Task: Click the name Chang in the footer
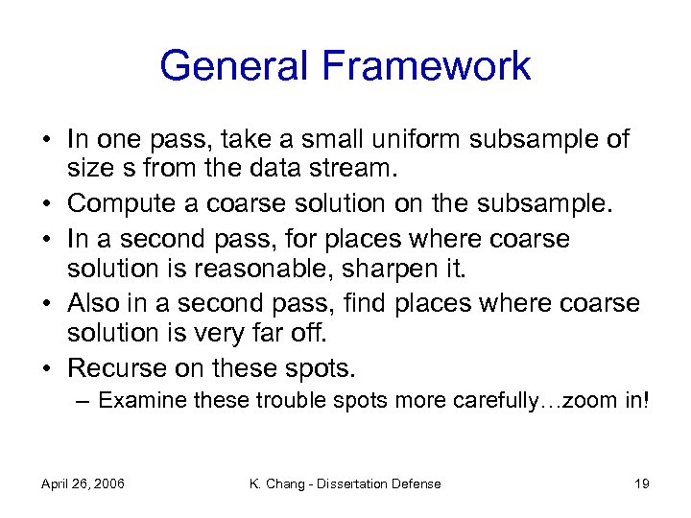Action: click(x=289, y=483)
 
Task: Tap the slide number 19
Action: click(x=642, y=483)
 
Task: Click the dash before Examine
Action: click(x=84, y=400)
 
